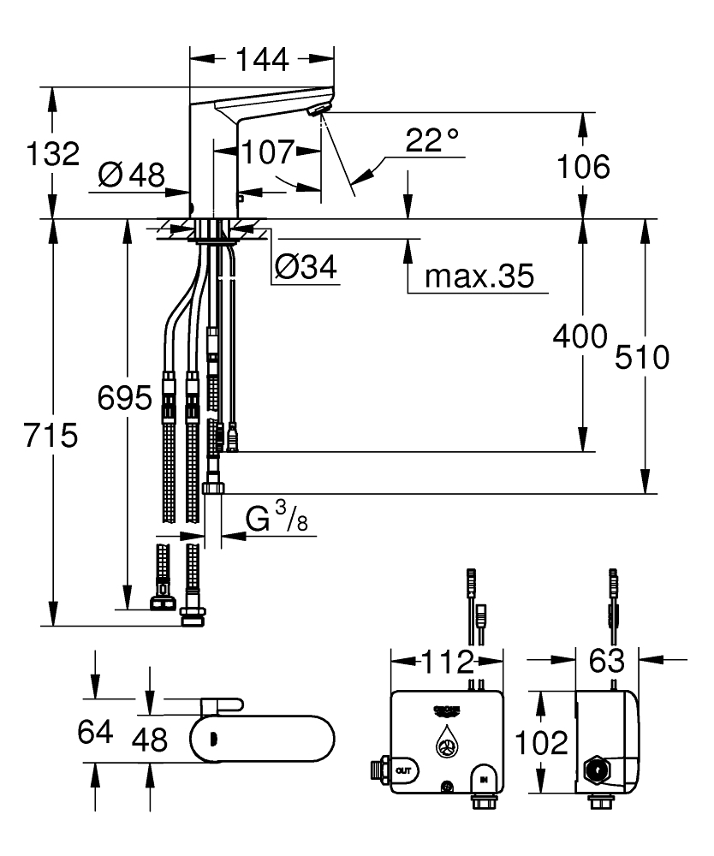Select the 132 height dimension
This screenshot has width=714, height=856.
[52, 154]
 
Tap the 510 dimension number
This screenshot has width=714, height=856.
[641, 358]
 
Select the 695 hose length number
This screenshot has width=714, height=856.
[125, 398]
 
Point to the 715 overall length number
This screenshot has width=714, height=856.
[51, 436]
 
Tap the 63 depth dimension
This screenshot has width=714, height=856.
[606, 660]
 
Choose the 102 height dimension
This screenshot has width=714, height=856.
[543, 742]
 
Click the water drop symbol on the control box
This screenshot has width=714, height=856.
[446, 742]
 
